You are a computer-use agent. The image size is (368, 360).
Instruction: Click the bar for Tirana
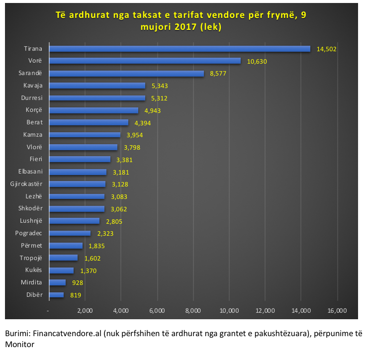coord(179,49)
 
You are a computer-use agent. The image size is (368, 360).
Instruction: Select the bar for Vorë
coord(144,61)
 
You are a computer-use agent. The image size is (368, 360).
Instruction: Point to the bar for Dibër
coord(56,295)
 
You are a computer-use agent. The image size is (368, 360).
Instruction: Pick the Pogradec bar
coord(69,233)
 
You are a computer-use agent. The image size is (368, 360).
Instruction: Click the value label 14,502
coord(327,49)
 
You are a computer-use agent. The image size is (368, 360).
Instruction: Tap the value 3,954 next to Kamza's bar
coord(137,135)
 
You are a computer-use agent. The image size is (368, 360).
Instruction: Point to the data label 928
coord(77,282)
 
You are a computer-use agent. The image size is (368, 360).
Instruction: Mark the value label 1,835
coord(96,246)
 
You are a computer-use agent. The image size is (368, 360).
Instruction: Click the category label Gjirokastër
coord(26,184)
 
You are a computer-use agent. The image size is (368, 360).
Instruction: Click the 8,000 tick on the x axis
coord(193,311)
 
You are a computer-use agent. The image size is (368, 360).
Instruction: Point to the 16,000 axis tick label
coord(337,311)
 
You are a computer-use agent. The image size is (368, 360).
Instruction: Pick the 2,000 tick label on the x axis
coord(85,311)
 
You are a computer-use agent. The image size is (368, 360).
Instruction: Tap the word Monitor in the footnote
coord(19,344)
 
